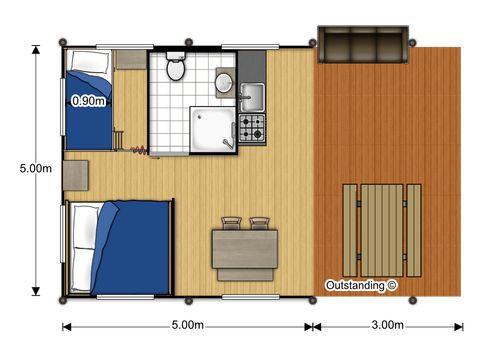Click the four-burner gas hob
pos(251,128)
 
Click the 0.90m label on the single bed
pos(89,101)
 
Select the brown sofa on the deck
pos(362,45)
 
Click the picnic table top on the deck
pos(381,229)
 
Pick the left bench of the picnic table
pos(349,229)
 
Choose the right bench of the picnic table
pos(413,229)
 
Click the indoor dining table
pos(243,249)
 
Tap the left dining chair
pos(232,223)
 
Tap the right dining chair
pos(260,223)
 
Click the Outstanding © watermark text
pos(361,285)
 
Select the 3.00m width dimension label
pos(386,326)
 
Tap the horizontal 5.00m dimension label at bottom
pos(188,326)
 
